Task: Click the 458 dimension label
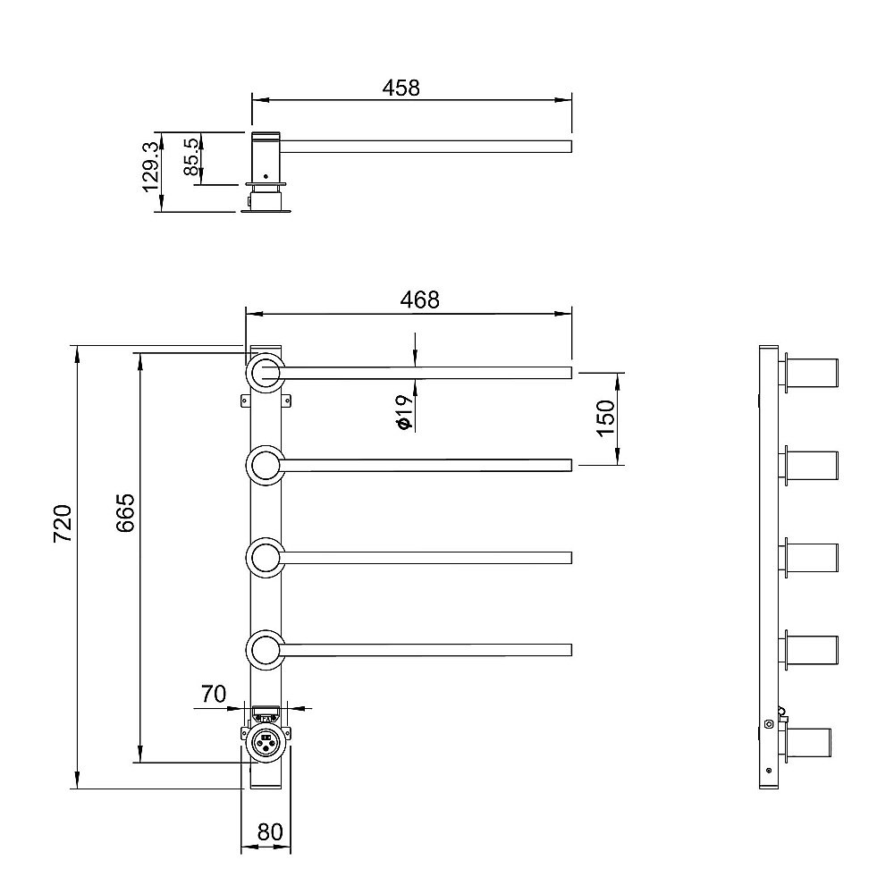[x=401, y=87]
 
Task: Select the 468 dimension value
[x=420, y=300]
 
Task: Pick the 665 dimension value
[x=125, y=512]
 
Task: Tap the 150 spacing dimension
[x=605, y=417]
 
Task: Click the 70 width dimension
[x=212, y=695]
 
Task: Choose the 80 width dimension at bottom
[x=269, y=832]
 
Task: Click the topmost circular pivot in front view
[x=266, y=373]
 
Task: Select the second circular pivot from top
[x=266, y=465]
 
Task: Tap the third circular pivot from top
[x=266, y=558]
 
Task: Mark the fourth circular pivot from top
[x=266, y=650]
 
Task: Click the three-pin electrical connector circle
[x=266, y=741]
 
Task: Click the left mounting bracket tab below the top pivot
[x=244, y=401]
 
